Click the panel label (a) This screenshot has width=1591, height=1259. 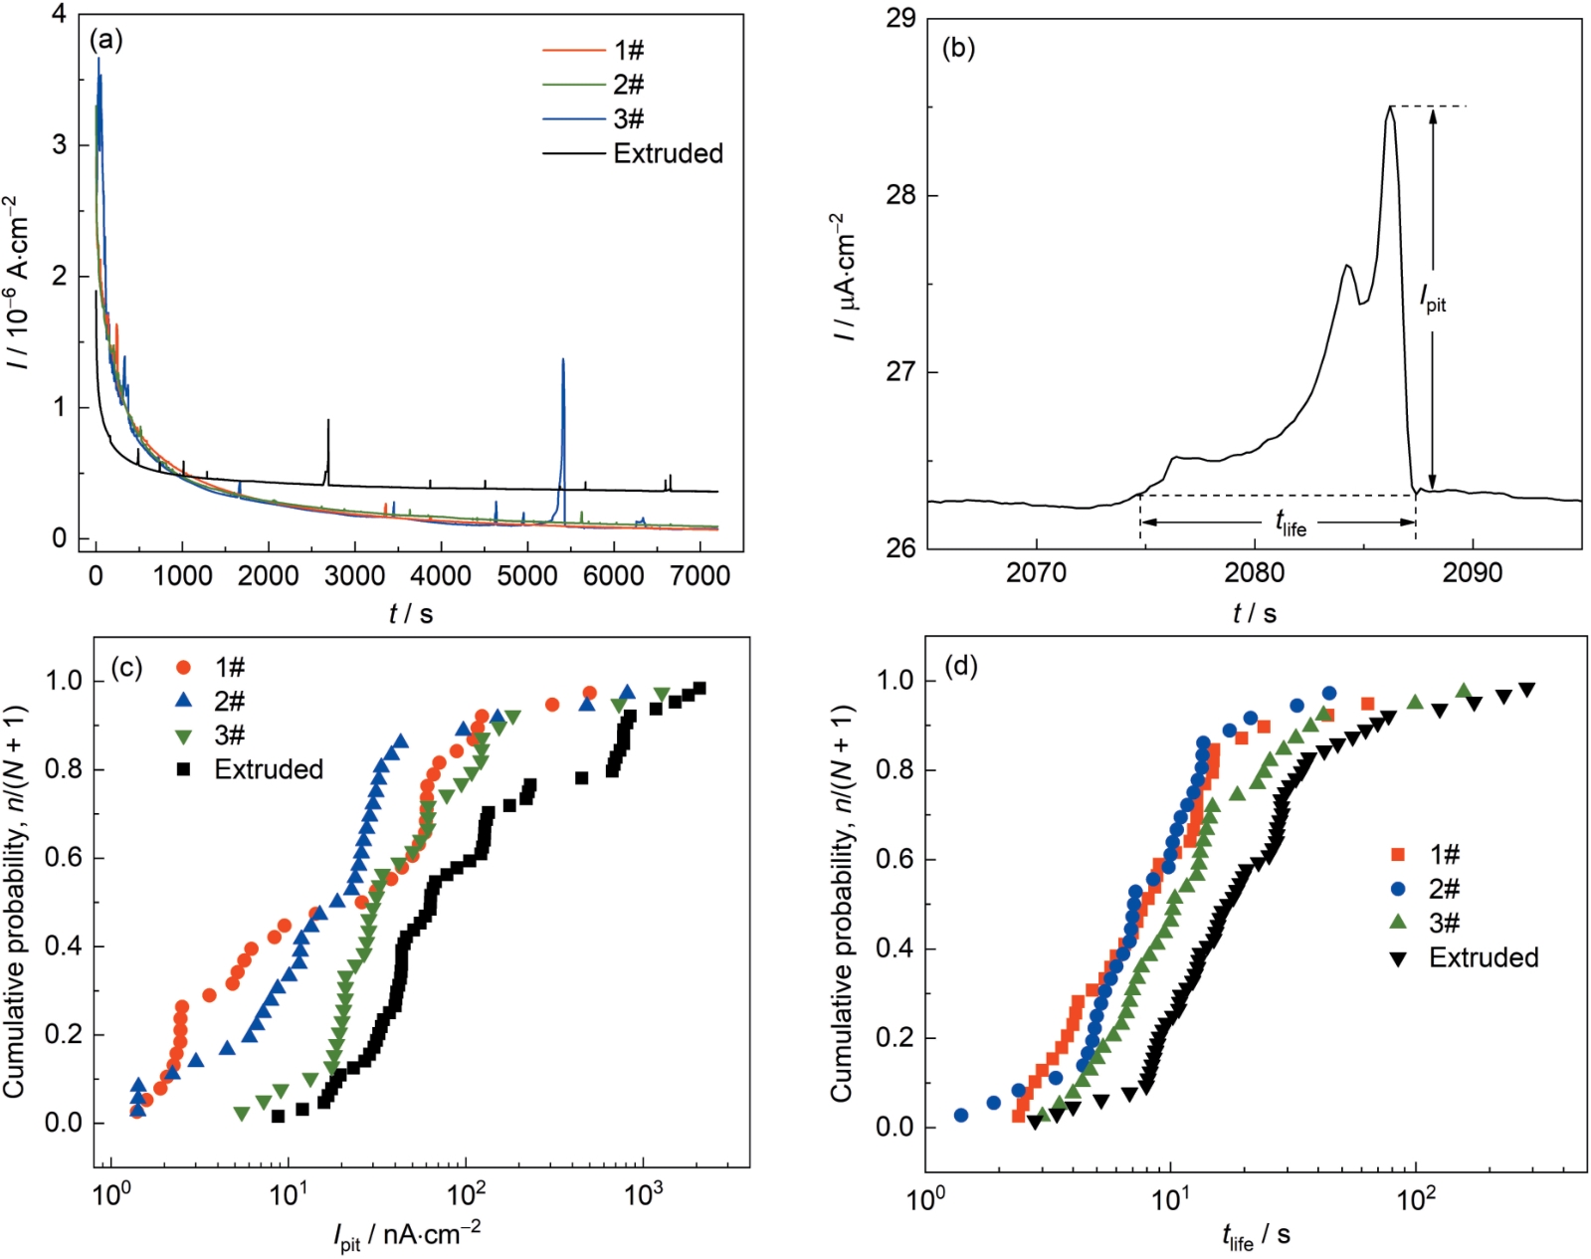point(106,40)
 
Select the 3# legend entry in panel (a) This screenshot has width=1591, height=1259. point(628,119)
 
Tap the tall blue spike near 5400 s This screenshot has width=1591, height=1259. point(563,363)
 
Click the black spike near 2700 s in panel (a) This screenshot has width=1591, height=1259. point(328,423)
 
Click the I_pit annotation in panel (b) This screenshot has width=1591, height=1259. point(1433,298)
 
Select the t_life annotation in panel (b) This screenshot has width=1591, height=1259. point(1291,522)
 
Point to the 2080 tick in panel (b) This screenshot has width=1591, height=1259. point(1255,573)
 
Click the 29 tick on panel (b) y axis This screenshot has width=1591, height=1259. point(900,19)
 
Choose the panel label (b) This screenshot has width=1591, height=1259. point(958,48)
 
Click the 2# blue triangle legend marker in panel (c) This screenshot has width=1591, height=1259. point(184,701)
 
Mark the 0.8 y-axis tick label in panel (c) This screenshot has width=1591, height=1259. point(65,769)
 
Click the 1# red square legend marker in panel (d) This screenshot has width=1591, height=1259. point(1398,854)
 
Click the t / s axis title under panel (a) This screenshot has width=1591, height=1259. point(411,614)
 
